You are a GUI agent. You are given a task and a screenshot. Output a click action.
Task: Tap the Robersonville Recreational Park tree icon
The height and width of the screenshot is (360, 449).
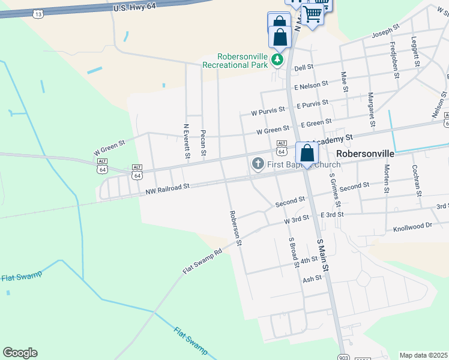(277, 59)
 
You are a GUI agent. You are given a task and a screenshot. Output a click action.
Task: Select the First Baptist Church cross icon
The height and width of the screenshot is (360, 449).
(258, 164)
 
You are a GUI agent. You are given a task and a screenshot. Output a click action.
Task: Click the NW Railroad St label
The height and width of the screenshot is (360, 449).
(167, 189)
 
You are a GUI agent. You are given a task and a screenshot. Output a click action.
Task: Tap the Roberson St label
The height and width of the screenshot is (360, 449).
(235, 228)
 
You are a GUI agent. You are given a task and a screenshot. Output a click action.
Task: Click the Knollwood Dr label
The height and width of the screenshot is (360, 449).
(412, 227)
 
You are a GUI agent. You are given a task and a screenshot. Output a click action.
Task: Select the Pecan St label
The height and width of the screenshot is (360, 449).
(203, 143)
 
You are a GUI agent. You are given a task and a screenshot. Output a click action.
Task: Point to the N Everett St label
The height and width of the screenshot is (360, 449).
(187, 141)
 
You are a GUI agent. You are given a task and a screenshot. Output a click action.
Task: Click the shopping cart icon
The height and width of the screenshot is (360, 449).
(312, 13)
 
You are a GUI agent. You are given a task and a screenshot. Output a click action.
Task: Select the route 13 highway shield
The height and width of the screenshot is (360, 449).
(38, 13)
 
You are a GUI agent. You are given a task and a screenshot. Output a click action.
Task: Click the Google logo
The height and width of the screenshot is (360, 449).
(20, 353)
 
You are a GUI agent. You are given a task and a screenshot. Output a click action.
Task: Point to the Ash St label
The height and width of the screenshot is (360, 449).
(312, 280)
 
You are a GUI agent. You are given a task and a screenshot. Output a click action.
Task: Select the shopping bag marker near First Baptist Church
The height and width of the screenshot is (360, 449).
(307, 154)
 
